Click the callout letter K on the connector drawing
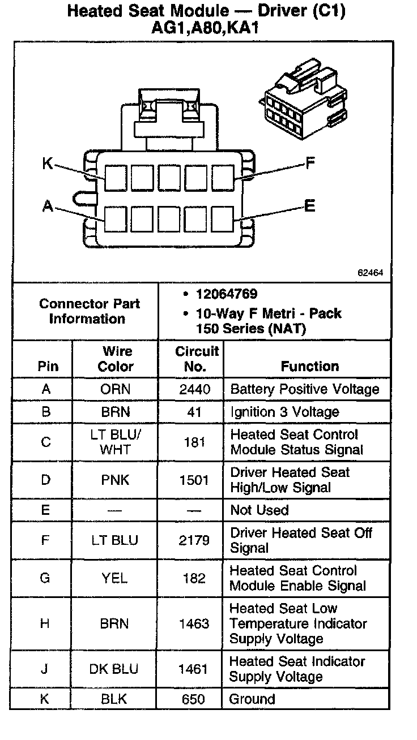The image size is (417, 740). pyautogui.click(x=48, y=164)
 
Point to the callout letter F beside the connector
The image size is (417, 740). pyautogui.click(x=310, y=164)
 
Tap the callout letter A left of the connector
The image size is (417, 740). pyautogui.click(x=48, y=207)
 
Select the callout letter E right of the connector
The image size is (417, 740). pyautogui.click(x=309, y=206)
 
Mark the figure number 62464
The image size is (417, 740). pyautogui.click(x=371, y=272)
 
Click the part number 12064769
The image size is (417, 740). pyautogui.click(x=227, y=294)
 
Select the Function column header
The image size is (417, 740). pyautogui.click(x=310, y=366)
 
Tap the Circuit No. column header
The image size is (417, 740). pyautogui.click(x=196, y=359)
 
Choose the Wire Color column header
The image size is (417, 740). pyautogui.click(x=116, y=359)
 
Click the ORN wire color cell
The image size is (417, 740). pyautogui.click(x=116, y=389)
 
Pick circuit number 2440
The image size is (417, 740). pyautogui.click(x=194, y=389)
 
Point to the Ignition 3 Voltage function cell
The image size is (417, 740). pyautogui.click(x=284, y=412)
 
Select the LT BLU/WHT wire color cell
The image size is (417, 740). pyautogui.click(x=116, y=442)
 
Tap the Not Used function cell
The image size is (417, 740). pyautogui.click(x=259, y=510)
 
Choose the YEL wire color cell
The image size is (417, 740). pyautogui.click(x=115, y=578)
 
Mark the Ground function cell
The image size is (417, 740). pyautogui.click(x=252, y=699)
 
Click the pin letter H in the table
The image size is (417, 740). pyautogui.click(x=46, y=623)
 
